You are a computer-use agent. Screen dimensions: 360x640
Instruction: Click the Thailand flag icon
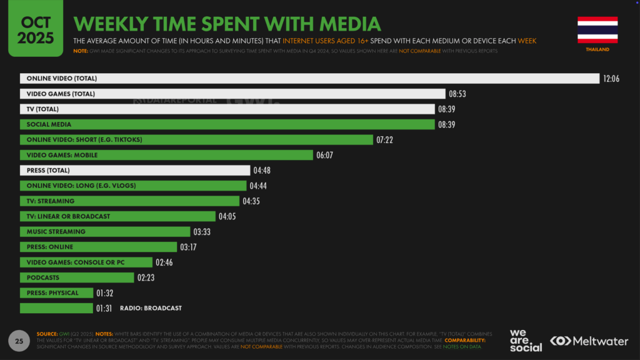(597, 30)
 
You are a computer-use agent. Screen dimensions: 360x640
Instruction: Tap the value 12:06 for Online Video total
(611, 79)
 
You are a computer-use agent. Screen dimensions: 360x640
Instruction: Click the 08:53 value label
(457, 94)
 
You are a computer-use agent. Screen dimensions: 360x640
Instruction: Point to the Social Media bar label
(49, 124)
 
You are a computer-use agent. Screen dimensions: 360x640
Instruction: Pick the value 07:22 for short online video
(385, 139)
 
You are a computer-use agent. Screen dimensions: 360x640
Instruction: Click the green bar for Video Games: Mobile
(166, 155)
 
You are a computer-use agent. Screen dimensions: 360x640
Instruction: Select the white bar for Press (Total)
(135, 170)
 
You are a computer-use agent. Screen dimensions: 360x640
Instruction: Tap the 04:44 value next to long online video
(259, 186)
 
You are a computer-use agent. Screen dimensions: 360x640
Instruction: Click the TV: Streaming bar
(129, 201)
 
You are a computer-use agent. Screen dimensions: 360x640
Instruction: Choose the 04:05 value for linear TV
(227, 216)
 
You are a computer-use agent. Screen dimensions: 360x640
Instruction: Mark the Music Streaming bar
(105, 231)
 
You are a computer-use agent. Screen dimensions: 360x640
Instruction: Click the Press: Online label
(49, 247)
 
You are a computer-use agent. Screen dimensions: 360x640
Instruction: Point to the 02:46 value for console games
(164, 262)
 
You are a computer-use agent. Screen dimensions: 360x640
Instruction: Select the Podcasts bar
(77, 277)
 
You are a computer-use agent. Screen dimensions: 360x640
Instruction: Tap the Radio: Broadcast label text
(151, 308)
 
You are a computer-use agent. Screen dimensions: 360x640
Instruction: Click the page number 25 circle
(19, 341)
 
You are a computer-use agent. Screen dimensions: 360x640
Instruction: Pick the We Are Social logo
(526, 340)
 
